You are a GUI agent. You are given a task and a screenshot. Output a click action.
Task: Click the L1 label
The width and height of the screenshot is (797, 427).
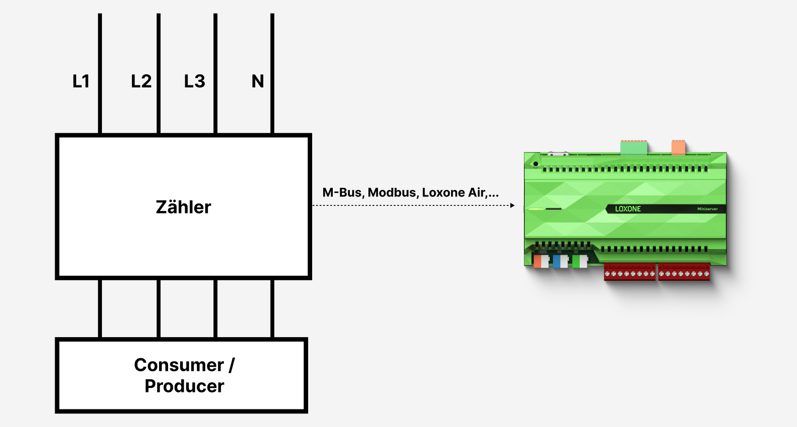81,81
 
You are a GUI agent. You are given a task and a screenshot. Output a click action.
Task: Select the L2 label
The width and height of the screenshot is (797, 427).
141,81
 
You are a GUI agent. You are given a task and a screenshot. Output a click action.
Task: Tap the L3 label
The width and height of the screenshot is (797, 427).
195,81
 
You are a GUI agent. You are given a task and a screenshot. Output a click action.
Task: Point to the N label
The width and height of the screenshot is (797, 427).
257,81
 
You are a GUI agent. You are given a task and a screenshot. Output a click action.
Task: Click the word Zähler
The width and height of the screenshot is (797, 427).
184,207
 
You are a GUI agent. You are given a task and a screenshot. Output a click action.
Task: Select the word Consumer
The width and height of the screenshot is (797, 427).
179,365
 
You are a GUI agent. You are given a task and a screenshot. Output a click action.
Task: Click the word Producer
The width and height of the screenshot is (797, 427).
184,386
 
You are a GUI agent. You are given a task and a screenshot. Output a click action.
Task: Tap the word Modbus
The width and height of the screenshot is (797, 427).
392,193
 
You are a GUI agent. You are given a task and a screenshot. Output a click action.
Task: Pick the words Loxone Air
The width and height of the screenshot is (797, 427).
454,193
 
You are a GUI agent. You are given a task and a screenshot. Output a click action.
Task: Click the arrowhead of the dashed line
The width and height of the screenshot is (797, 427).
512,205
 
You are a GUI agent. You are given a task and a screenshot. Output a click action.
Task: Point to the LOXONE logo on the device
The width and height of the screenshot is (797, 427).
628,209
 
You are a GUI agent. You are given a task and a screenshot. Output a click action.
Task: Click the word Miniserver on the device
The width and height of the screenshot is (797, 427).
707,209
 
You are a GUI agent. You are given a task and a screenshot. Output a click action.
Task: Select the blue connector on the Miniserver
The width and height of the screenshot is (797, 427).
560,261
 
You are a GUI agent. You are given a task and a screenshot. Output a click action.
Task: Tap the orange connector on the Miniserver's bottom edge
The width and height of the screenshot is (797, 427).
541,261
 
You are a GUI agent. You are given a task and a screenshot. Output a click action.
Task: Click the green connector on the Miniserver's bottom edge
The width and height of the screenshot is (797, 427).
580,261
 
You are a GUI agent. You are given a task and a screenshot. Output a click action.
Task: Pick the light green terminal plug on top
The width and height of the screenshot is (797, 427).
634,148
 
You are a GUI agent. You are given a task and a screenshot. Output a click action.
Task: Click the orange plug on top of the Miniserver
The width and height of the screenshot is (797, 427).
678,148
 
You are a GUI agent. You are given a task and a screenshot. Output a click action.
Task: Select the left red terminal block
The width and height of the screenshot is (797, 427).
629,272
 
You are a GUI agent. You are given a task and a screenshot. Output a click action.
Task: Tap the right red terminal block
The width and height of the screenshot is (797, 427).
684,272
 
